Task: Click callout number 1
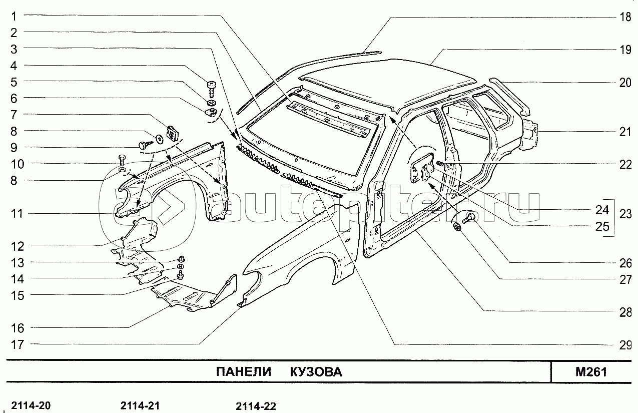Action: point(14,17)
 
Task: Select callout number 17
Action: point(18,344)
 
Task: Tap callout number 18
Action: point(625,18)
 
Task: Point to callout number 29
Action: point(625,345)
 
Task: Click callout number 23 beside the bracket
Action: point(625,214)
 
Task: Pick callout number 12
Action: point(18,246)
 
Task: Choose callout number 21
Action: point(625,132)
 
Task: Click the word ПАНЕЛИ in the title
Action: point(244,372)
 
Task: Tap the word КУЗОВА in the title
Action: point(316,372)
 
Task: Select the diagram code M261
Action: point(591,372)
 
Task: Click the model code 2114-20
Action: point(31,405)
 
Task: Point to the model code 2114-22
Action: point(256,406)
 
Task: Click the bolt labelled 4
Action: point(212,89)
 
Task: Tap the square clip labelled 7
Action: point(172,133)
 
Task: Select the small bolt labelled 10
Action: point(121,161)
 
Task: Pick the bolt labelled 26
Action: point(469,218)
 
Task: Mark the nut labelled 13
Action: point(181,259)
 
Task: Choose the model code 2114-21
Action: point(140,405)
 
